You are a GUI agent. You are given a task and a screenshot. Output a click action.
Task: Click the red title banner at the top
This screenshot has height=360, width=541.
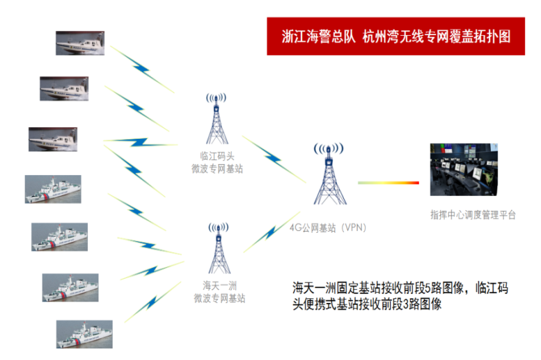395,36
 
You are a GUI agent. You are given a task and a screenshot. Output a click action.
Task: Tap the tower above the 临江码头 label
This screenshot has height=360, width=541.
217,118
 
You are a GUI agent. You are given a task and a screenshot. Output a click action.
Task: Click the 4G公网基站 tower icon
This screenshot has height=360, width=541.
329,174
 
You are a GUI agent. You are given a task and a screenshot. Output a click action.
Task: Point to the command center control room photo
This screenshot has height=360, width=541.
463,170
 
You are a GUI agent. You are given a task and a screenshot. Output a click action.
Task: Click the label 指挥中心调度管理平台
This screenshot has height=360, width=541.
472,214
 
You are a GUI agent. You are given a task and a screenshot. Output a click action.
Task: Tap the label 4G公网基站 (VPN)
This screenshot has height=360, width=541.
327,228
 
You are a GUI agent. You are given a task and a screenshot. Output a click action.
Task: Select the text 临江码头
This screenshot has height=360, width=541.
218,156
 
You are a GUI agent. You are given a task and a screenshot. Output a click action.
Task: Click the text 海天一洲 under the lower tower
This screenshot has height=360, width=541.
220,285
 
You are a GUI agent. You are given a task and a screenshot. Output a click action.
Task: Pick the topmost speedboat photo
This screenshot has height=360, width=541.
80,43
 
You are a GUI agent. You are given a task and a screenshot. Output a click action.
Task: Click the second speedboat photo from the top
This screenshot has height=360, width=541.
64,89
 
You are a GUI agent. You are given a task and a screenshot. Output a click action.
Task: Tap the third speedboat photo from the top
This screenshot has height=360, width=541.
53,139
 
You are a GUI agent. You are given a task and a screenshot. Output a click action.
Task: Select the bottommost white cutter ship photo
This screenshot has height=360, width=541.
84,334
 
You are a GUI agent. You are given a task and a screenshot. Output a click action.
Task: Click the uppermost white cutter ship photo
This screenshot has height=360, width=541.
53,189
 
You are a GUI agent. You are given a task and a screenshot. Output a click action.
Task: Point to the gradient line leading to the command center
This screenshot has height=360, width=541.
389,183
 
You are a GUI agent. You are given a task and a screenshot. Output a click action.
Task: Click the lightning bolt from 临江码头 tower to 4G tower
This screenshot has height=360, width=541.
274,159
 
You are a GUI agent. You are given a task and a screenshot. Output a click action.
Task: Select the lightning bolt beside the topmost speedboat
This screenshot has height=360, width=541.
142,69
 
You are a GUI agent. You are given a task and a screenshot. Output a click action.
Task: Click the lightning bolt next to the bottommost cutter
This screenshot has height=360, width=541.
152,302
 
